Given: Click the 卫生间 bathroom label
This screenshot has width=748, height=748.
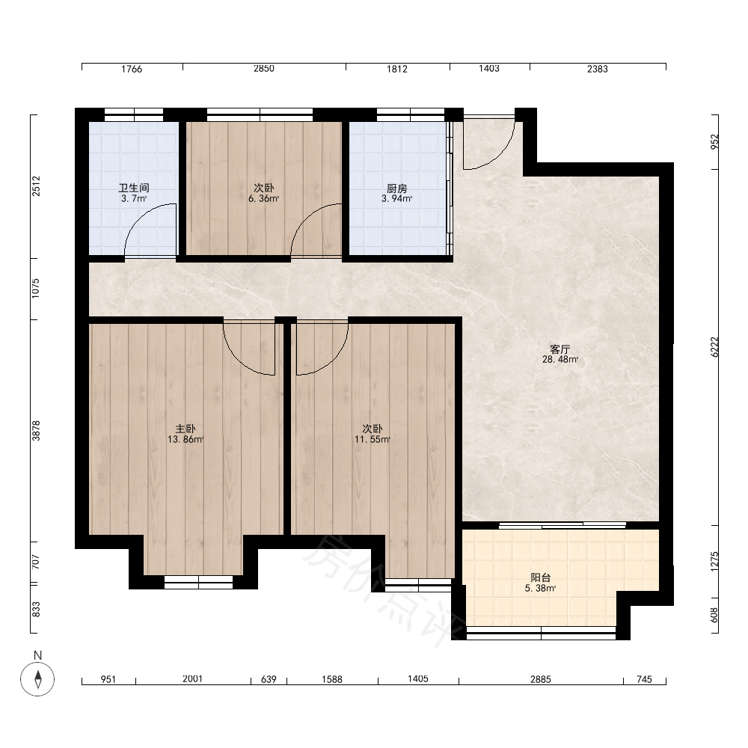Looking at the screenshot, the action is point(134,188).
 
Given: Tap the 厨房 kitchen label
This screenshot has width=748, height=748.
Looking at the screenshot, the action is point(396,188).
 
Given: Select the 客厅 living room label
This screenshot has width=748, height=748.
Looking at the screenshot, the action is point(560,349).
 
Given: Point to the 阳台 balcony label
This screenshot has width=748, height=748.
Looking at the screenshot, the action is point(541,577).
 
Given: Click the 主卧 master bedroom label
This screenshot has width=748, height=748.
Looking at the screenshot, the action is point(185,429).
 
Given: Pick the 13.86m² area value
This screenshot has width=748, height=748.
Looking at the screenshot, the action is point(185,439).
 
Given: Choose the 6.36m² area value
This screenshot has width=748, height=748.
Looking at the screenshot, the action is point(263,198).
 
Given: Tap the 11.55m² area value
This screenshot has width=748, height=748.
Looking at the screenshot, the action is point(372,439).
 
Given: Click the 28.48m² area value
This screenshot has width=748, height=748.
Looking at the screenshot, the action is point(560,359).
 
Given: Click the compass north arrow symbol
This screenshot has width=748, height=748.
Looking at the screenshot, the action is point(37,679).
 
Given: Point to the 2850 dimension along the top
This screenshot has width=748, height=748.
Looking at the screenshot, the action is point(264,69).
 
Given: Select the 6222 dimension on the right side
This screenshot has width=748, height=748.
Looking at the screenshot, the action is point(714,347).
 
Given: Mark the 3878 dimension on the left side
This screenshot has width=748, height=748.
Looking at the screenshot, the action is point(36,430).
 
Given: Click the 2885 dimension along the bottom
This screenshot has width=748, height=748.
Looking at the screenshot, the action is point(541,679).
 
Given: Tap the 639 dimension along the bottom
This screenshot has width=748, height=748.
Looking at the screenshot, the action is point(269,679).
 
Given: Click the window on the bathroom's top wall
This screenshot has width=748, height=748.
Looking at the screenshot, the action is point(134,114).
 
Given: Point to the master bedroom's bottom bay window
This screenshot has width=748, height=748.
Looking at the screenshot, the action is point(198,582).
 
